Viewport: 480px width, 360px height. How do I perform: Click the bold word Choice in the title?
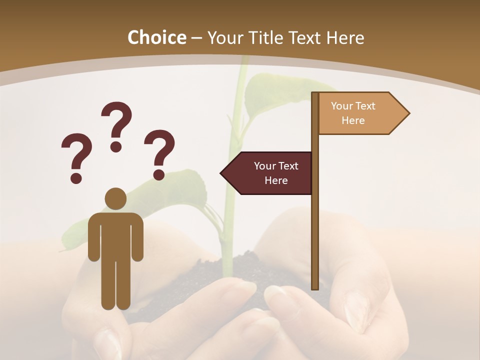click(x=156, y=37)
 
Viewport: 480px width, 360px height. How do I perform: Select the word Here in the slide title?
click(x=345, y=37)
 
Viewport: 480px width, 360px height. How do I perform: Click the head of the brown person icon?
click(x=115, y=198)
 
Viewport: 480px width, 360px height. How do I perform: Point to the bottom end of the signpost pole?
click(x=315, y=287)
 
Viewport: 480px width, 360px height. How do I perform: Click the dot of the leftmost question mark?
click(x=76, y=177)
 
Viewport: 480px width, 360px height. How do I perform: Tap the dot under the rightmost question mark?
click(x=159, y=174)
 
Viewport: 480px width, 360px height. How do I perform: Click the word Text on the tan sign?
click(x=364, y=106)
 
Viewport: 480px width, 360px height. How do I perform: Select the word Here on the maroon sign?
click(x=276, y=180)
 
